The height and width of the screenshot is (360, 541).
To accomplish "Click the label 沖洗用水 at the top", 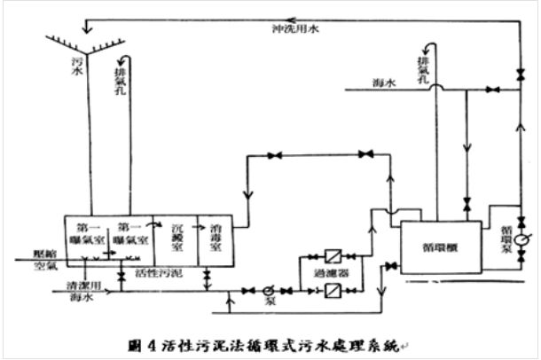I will click(x=295, y=28).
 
